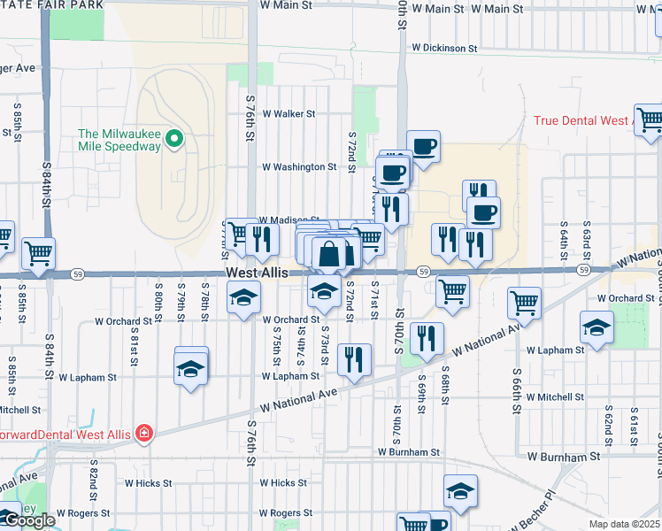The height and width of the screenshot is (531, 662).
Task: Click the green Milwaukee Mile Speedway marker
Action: [175, 138]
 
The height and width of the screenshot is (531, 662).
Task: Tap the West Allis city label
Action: [257, 274]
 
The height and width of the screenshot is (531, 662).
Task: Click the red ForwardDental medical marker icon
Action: [142, 434]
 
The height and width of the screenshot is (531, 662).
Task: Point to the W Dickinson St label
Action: [444, 48]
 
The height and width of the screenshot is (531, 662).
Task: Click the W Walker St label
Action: [289, 113]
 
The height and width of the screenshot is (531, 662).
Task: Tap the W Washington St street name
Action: [298, 166]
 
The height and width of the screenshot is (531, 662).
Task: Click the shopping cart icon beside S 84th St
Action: [38, 253]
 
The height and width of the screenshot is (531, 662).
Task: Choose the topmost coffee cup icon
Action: [423, 145]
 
